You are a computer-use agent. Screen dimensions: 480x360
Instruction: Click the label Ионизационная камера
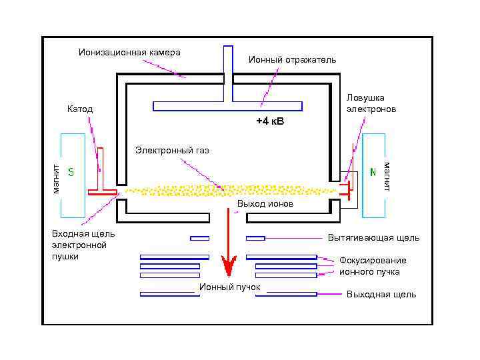pos(129,52)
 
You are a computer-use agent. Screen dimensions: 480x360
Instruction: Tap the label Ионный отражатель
pos(292,60)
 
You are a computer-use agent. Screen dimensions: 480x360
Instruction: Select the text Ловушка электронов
pos(371,103)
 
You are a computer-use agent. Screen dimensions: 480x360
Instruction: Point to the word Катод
pos(80,109)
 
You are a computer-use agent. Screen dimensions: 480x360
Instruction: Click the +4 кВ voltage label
pos(270,122)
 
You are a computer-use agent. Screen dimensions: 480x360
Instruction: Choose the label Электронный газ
pos(172,150)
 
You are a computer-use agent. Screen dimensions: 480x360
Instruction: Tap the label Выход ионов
pos(265,204)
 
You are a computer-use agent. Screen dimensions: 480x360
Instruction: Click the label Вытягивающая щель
pos(373,237)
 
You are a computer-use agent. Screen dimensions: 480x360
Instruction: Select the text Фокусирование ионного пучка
pos(372,266)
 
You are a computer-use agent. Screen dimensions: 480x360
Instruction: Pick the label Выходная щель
pos(381,294)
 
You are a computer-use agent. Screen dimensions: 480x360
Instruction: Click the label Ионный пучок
pos(229,287)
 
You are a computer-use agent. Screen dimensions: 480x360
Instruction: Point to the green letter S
pos(71,172)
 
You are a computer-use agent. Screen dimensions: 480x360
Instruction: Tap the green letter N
pos(373,172)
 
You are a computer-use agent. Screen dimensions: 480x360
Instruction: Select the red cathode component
pos(101,180)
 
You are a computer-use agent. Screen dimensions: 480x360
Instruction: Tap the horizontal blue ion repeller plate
pos(227,106)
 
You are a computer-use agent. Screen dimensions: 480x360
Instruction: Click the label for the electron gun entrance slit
pos(83,245)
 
